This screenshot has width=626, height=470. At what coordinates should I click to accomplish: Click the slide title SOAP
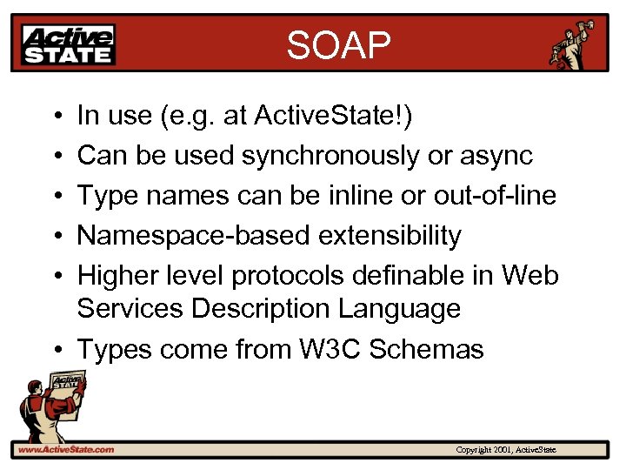pos(339,45)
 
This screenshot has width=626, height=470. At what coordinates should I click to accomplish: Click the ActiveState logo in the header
pos(70,44)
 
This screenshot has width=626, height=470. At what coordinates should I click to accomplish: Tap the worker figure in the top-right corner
pos(576,44)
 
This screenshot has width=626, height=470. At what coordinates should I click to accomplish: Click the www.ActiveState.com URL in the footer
pos(64,449)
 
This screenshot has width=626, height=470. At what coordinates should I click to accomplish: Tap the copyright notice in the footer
pos(511,449)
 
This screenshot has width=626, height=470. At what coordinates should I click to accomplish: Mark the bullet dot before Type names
pos(55,196)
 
